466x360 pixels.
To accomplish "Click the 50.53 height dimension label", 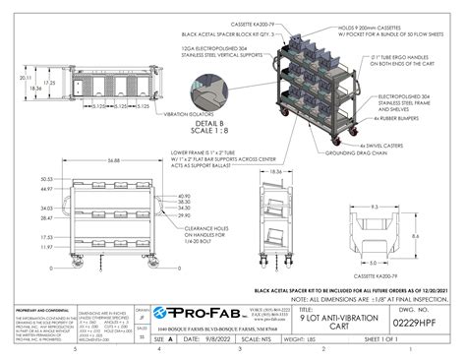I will [46, 179].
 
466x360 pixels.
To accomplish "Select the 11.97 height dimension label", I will [46, 247].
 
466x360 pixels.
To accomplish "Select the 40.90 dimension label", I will [183, 196].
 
